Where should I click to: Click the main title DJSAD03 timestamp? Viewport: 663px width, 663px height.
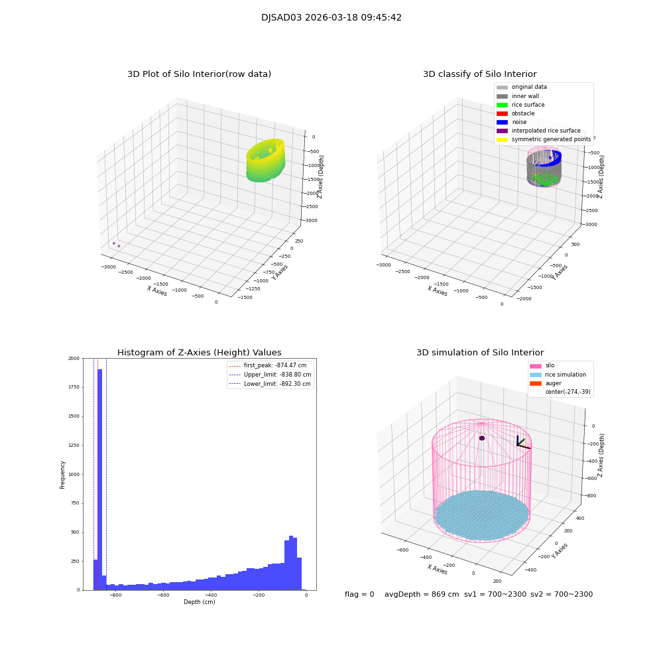pos(331,18)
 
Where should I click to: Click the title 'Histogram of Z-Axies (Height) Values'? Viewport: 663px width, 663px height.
pos(199,353)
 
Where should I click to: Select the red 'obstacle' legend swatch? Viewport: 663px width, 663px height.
pos(502,113)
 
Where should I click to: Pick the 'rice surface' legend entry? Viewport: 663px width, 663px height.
pos(529,105)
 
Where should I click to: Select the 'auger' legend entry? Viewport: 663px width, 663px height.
pos(553,383)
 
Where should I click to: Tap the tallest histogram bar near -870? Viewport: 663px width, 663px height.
pos(100,477)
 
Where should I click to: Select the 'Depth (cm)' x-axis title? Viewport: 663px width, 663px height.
pos(199,602)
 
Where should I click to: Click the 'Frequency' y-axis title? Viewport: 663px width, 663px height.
pos(63,475)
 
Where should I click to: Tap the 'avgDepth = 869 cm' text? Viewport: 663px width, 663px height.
pos(422,595)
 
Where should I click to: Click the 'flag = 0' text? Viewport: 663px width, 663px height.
pos(359,595)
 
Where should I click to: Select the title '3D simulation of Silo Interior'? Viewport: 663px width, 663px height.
pos(480,353)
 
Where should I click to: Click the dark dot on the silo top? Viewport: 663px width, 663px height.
pos(482,438)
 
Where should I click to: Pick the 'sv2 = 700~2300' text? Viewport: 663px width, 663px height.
pos(562,595)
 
